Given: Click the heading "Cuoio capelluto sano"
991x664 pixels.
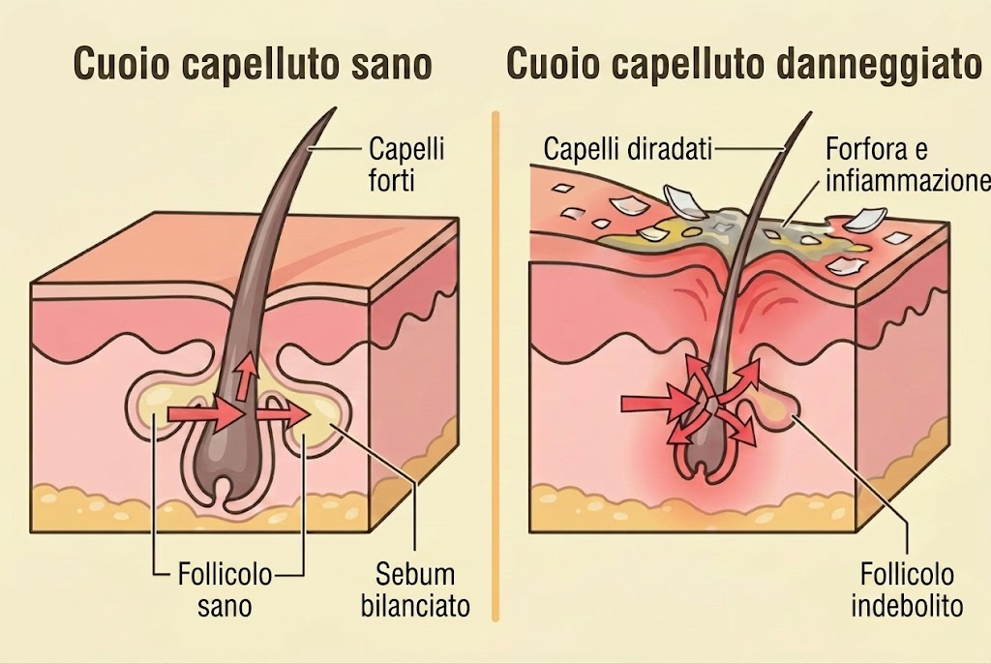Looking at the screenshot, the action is click(253, 65).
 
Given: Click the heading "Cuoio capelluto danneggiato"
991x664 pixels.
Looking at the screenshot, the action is click(744, 65).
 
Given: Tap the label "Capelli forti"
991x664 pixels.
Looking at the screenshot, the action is click(406, 165).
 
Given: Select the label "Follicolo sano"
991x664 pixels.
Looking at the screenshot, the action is click(225, 590).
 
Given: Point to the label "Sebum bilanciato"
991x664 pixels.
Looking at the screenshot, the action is click(415, 590).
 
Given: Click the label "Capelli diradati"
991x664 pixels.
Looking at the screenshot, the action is click(627, 149).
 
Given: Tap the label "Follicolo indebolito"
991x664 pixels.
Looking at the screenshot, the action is click(907, 590).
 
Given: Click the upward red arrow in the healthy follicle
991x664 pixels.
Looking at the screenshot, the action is click(247, 376).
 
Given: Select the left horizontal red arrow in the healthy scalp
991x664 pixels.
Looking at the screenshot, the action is click(206, 414).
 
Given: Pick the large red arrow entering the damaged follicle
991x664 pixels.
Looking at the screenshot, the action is click(657, 404).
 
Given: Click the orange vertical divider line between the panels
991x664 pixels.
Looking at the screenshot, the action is click(495, 366).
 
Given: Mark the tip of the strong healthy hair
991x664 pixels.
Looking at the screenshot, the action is click(334, 108).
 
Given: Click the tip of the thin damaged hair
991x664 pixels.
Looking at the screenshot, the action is click(810, 114).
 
